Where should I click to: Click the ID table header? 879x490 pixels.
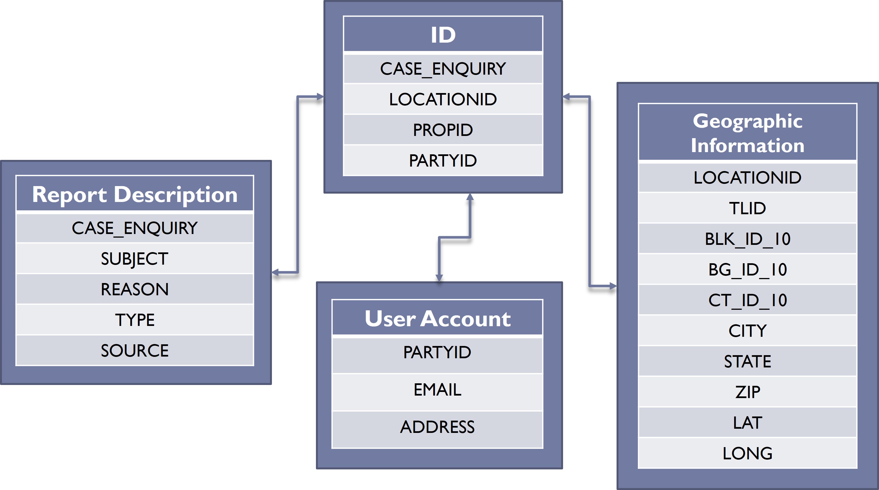pos(443,35)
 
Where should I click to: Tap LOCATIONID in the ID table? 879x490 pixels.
pos(443,99)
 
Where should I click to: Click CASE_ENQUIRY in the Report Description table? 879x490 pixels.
pos(135,228)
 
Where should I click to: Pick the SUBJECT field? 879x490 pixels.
pos(135,259)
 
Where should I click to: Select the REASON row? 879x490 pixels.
pos(135,289)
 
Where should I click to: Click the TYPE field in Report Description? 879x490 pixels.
pos(135,320)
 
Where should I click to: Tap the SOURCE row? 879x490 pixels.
pos(135,351)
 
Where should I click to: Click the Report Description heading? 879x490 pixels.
pos(135,194)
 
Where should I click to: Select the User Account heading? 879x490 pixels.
pos(437,319)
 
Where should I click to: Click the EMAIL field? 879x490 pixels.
pos(437,390)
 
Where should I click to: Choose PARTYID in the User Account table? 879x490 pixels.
pos(437,352)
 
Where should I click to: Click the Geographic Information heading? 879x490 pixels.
pos(747,133)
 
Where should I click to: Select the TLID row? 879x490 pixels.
pos(747,208)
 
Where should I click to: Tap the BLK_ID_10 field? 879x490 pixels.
pos(747,239)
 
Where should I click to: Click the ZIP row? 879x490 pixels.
pos(747,392)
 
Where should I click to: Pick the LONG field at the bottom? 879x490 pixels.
pos(747,454)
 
